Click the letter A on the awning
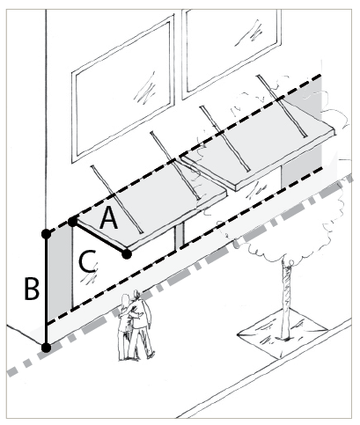point(108,217)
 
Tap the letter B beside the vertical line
point(32,289)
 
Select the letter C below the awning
point(87,261)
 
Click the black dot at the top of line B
point(46,234)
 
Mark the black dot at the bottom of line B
point(46,348)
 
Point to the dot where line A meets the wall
point(72,222)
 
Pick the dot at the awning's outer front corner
point(127,254)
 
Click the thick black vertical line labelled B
point(46,290)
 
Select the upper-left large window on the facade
point(123,89)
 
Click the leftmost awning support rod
point(117,200)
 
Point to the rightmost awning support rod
point(283,106)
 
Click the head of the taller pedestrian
point(136,295)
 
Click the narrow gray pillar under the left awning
point(180,236)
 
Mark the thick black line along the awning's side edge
point(99,238)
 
